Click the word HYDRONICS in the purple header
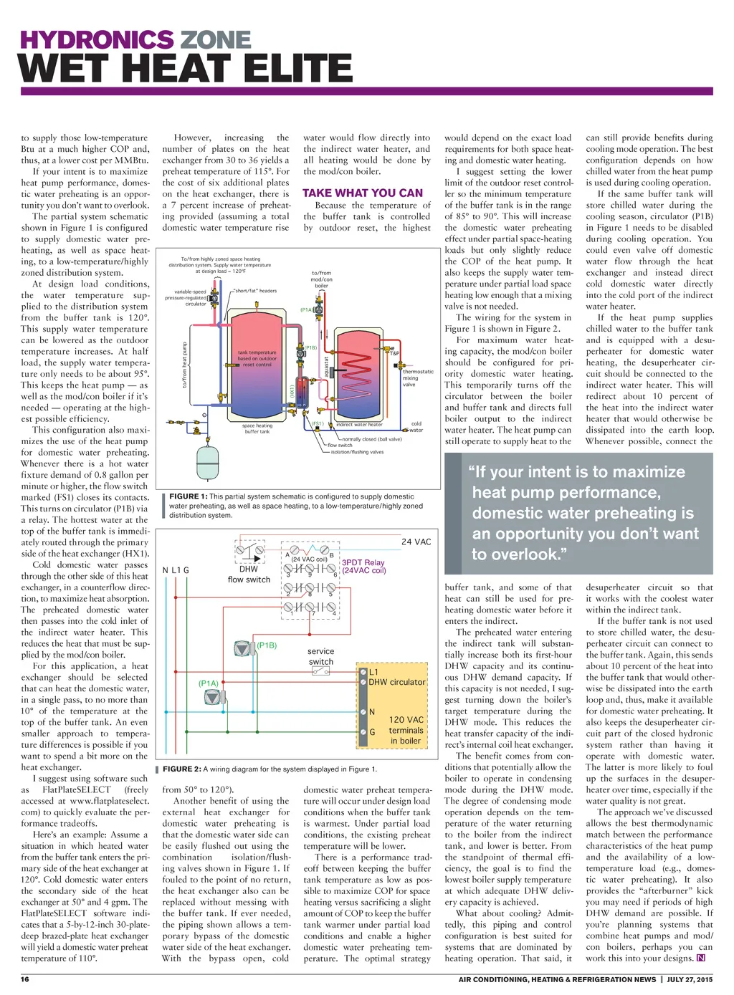[x=97, y=39]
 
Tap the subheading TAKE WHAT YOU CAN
[x=363, y=193]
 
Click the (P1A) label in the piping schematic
[x=306, y=310]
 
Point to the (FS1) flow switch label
[x=317, y=424]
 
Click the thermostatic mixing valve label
[x=417, y=378]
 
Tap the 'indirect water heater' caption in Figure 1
[x=360, y=425]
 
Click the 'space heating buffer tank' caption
[x=257, y=428]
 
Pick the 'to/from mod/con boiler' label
[x=321, y=279]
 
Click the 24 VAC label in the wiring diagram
[x=416, y=542]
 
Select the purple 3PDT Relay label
[x=363, y=567]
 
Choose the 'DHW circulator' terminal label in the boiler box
[x=396, y=682]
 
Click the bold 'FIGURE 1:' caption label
[x=188, y=496]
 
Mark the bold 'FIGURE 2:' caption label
[x=181, y=769]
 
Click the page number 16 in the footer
[x=25, y=979]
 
